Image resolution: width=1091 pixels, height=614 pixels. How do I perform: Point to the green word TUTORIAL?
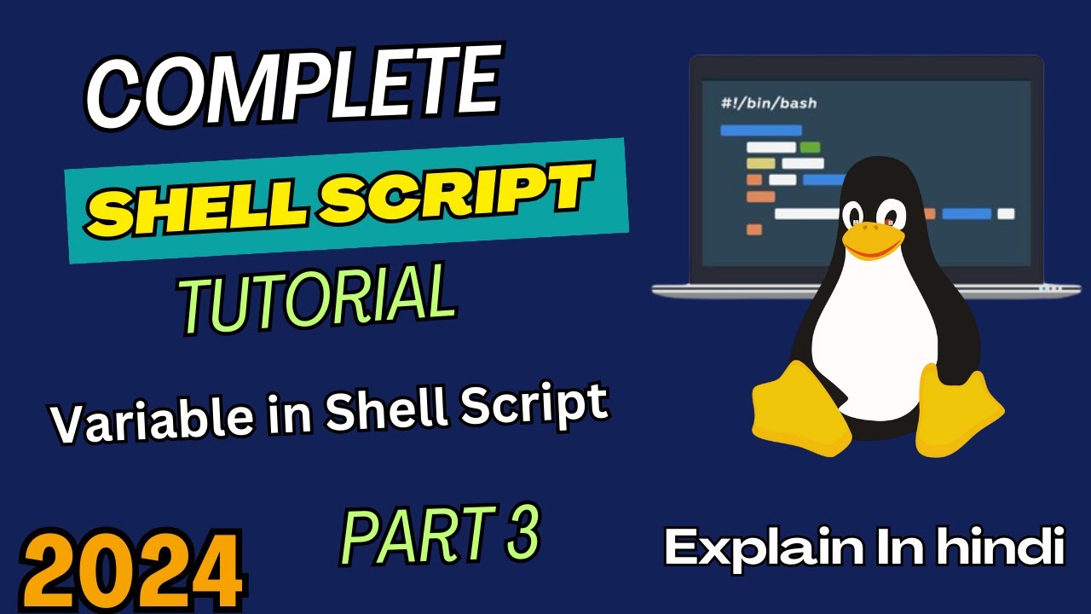318,298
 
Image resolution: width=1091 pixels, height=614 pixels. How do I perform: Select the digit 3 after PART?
523,532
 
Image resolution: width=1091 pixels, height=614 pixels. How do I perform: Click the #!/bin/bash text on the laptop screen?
769,103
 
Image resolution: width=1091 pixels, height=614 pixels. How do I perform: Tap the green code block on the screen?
810,147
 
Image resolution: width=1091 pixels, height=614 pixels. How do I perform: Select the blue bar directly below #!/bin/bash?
761,130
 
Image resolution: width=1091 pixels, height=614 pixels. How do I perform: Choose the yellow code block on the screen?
761,163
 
